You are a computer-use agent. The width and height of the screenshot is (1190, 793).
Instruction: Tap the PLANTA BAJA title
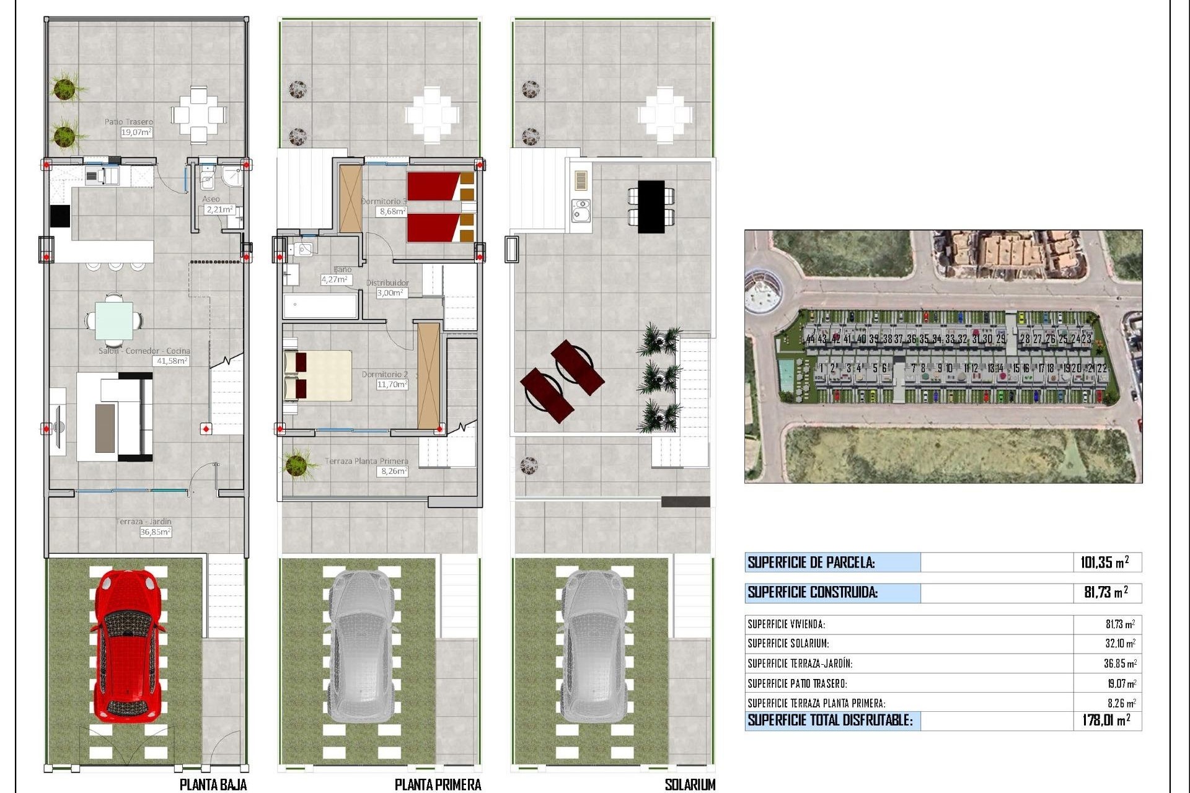[213, 784]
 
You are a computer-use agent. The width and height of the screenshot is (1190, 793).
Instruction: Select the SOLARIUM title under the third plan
[689, 784]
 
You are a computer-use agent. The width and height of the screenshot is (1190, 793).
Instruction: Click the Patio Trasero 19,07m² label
[130, 127]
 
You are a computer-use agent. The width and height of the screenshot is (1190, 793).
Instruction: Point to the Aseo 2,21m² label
[217, 205]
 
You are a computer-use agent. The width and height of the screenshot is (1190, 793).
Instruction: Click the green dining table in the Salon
[113, 320]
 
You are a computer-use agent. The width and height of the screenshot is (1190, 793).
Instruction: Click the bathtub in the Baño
[320, 306]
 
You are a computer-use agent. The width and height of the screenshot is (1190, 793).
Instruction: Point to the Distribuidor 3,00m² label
[388, 288]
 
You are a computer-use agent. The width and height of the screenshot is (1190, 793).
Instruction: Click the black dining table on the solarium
[651, 206]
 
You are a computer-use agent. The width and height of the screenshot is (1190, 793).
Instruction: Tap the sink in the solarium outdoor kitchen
[581, 211]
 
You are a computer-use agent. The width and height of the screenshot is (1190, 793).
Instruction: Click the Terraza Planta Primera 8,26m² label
[367, 466]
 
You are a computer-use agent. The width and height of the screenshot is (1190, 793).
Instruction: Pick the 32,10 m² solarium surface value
[1120, 644]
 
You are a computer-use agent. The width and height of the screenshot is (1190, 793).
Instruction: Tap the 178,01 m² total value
[1106, 720]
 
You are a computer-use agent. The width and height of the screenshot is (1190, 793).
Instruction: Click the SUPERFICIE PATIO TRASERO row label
[797, 683]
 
